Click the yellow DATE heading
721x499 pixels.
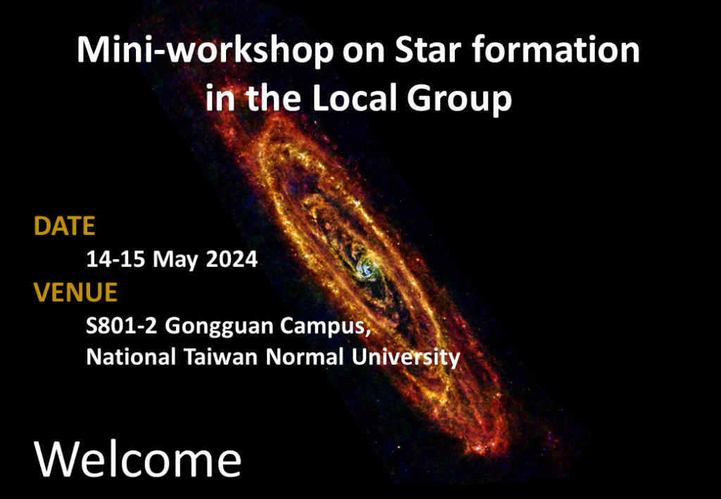point(64,226)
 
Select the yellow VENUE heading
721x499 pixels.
point(75,292)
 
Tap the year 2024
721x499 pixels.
point(232,260)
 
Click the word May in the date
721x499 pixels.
point(175,261)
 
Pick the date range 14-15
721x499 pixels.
point(117,260)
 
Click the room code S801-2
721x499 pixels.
point(122,326)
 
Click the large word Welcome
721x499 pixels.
point(137,460)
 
